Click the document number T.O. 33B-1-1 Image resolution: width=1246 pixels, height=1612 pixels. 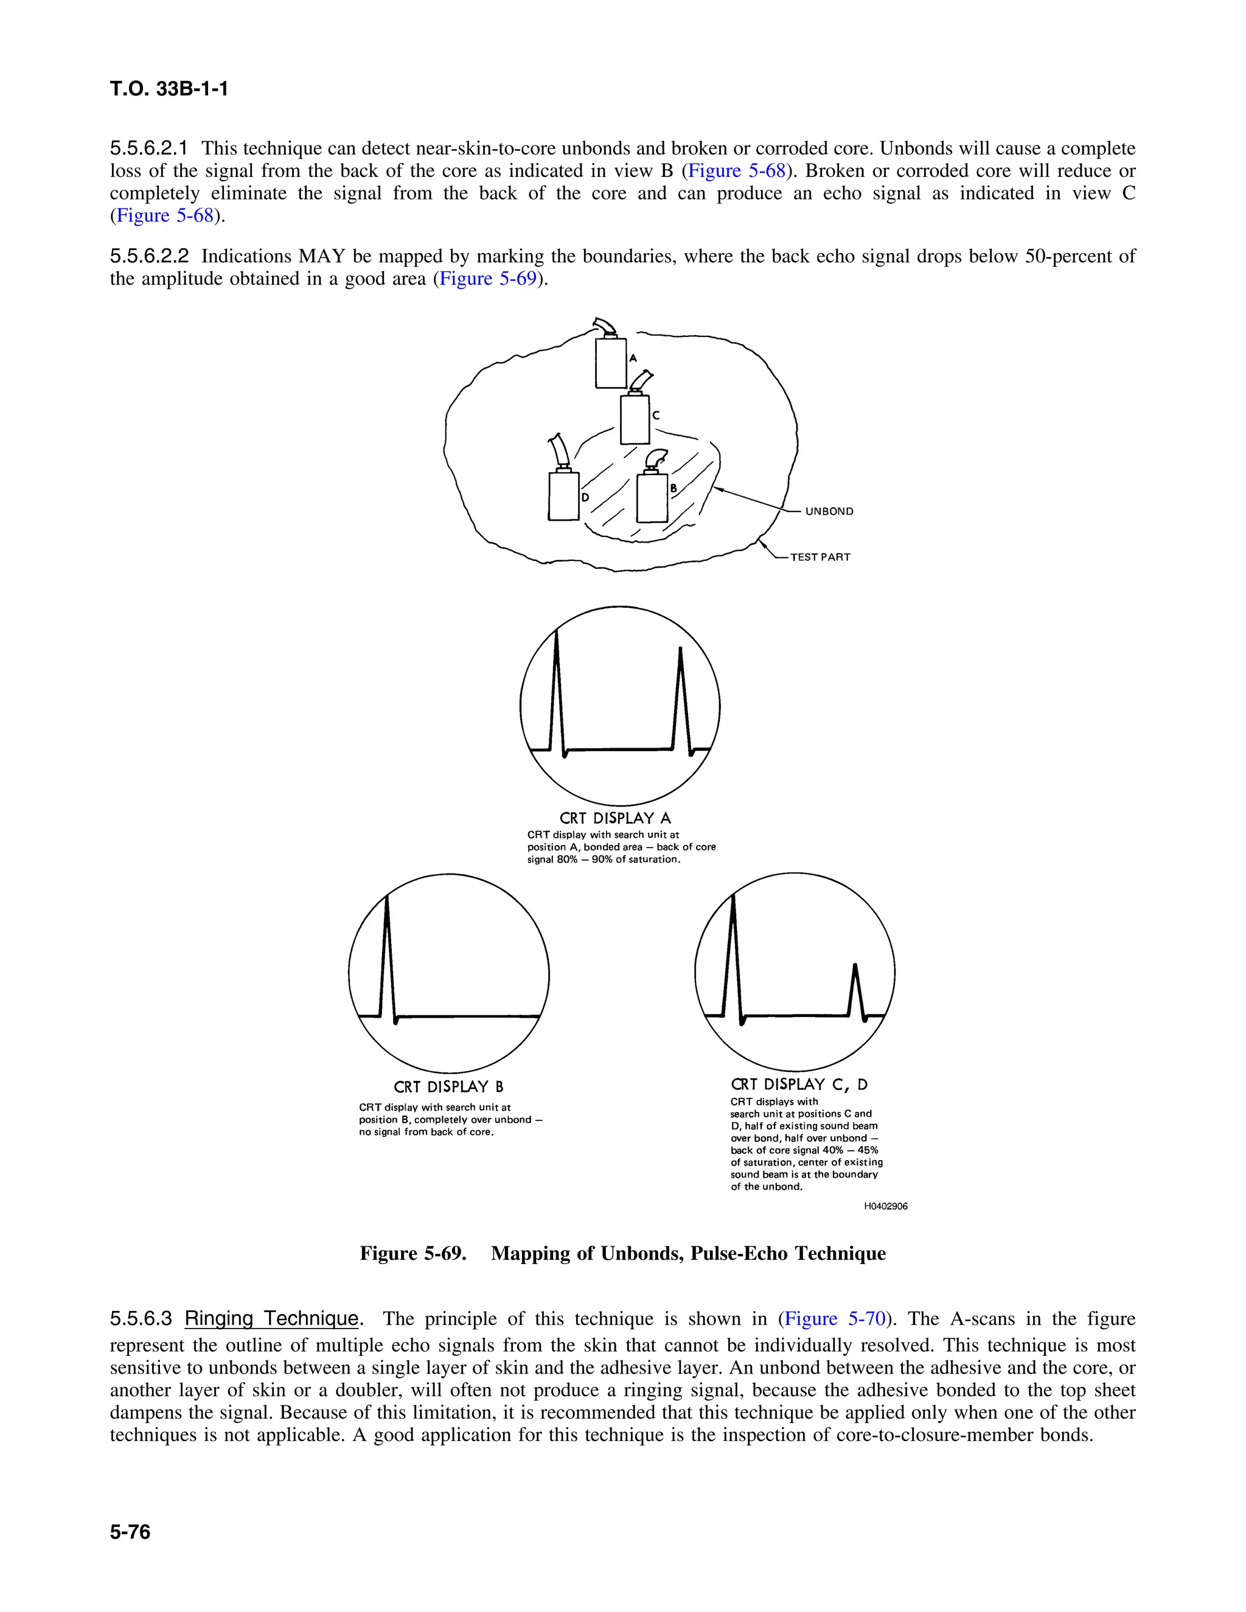169,89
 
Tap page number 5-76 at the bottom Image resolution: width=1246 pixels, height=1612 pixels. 130,1532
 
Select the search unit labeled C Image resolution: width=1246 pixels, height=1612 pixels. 635,419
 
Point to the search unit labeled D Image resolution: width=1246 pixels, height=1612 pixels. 563,495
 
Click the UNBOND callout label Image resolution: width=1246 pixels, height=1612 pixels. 829,512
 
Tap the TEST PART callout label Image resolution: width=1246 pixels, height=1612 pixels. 820,557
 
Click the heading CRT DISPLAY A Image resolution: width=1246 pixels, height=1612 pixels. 615,818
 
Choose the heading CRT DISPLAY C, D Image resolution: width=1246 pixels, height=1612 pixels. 799,1084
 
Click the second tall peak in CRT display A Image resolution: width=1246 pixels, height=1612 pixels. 680,694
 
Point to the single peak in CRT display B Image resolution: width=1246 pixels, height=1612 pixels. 388,952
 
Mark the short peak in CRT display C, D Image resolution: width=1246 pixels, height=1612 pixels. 855,989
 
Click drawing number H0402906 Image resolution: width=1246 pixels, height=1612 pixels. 886,1206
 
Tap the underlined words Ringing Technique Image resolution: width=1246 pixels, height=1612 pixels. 271,1318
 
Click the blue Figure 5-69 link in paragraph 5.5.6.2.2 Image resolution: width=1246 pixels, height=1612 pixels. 487,279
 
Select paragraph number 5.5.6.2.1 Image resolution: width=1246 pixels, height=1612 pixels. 149,148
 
